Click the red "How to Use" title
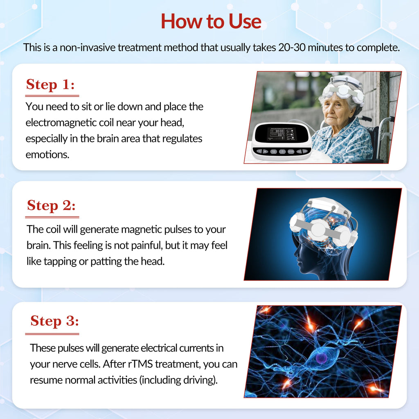(x=211, y=21)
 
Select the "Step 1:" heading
(x=50, y=85)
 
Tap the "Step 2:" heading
(x=52, y=205)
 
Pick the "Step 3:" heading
(x=54, y=321)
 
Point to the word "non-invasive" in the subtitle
(x=87, y=47)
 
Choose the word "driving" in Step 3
(x=199, y=380)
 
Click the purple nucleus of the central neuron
(x=321, y=359)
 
